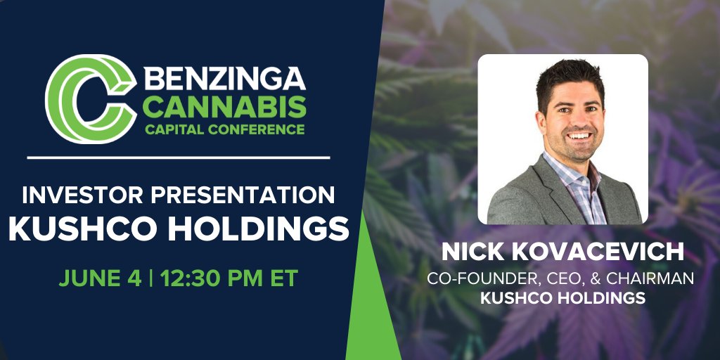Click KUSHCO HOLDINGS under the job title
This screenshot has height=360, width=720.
(562, 298)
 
